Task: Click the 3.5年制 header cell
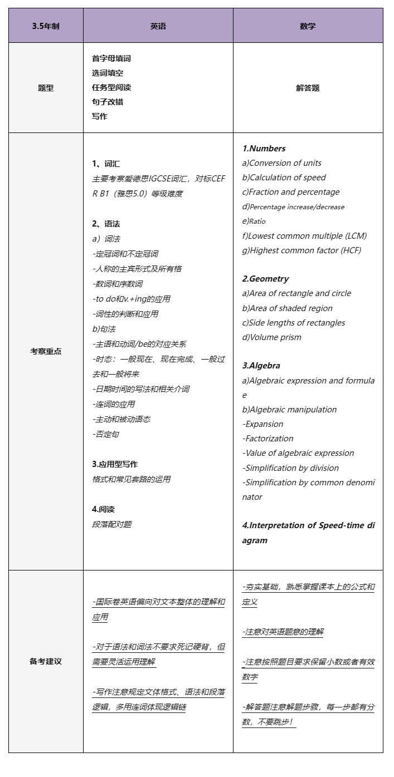click(x=46, y=26)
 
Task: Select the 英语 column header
click(x=158, y=26)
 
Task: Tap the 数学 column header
click(x=308, y=26)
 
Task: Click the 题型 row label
click(x=46, y=88)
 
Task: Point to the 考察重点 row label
click(x=46, y=351)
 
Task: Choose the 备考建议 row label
click(x=46, y=661)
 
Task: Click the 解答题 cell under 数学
click(x=308, y=88)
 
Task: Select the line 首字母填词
click(x=111, y=58)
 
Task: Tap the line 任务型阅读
click(x=111, y=87)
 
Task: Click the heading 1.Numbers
click(x=264, y=149)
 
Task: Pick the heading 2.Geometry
click(x=265, y=279)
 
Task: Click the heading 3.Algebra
click(x=261, y=366)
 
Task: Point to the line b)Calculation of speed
click(x=284, y=178)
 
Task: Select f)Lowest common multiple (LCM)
click(x=304, y=235)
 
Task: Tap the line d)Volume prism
click(x=271, y=337)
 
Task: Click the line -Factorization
click(x=267, y=439)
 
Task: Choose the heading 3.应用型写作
click(x=115, y=464)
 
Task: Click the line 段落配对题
click(x=111, y=524)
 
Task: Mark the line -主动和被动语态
click(x=121, y=419)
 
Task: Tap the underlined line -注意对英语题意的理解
click(x=283, y=632)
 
